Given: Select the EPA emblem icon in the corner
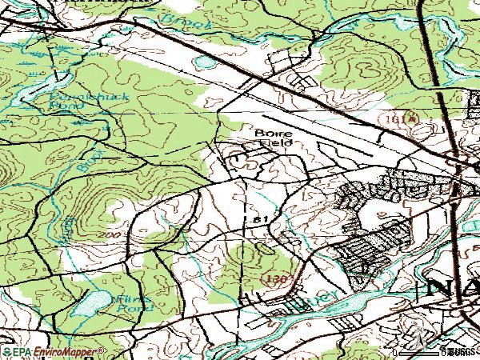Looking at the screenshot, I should [x=6, y=352].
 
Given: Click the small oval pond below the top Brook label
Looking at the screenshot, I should [x=206, y=62].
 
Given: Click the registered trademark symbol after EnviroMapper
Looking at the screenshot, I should [x=102, y=350].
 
